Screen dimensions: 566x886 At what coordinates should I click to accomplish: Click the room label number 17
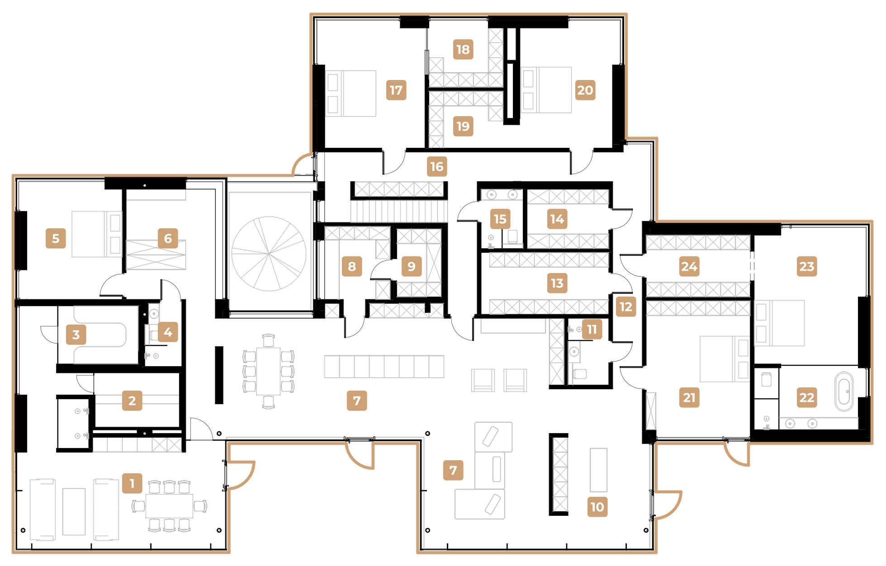click(x=396, y=90)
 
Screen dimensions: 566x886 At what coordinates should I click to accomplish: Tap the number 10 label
click(x=597, y=507)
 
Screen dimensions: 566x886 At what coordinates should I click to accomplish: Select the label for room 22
click(x=806, y=397)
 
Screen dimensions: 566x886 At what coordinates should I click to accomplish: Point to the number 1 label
click(x=132, y=483)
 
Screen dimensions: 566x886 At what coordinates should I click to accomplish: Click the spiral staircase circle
click(x=269, y=254)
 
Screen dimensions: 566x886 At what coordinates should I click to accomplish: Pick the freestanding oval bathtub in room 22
click(x=844, y=391)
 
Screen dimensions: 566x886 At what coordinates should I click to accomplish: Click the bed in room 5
click(x=96, y=234)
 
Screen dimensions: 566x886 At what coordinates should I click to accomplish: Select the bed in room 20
click(x=546, y=90)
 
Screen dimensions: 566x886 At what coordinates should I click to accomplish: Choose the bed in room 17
click(x=351, y=93)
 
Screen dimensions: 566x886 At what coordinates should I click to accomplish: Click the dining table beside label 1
click(x=169, y=506)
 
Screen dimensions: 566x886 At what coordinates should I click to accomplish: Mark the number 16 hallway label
click(x=437, y=166)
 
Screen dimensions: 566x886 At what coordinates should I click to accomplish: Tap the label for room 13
click(x=557, y=283)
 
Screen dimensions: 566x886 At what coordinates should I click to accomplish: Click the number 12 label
click(x=625, y=307)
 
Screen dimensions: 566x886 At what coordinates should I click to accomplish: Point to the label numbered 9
click(x=411, y=266)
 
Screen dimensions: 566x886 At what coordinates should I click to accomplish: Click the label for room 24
click(x=689, y=266)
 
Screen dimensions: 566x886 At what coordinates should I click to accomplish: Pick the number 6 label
click(x=168, y=238)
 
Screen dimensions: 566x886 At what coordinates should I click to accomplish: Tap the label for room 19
click(x=463, y=126)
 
